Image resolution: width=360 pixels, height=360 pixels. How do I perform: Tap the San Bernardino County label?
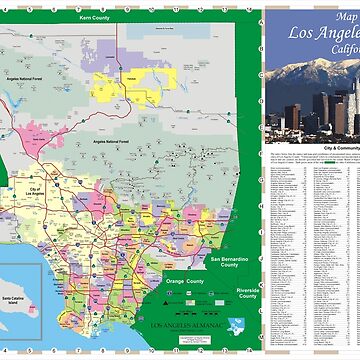229,263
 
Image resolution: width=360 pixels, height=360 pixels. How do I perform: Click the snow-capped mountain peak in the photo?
312,72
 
